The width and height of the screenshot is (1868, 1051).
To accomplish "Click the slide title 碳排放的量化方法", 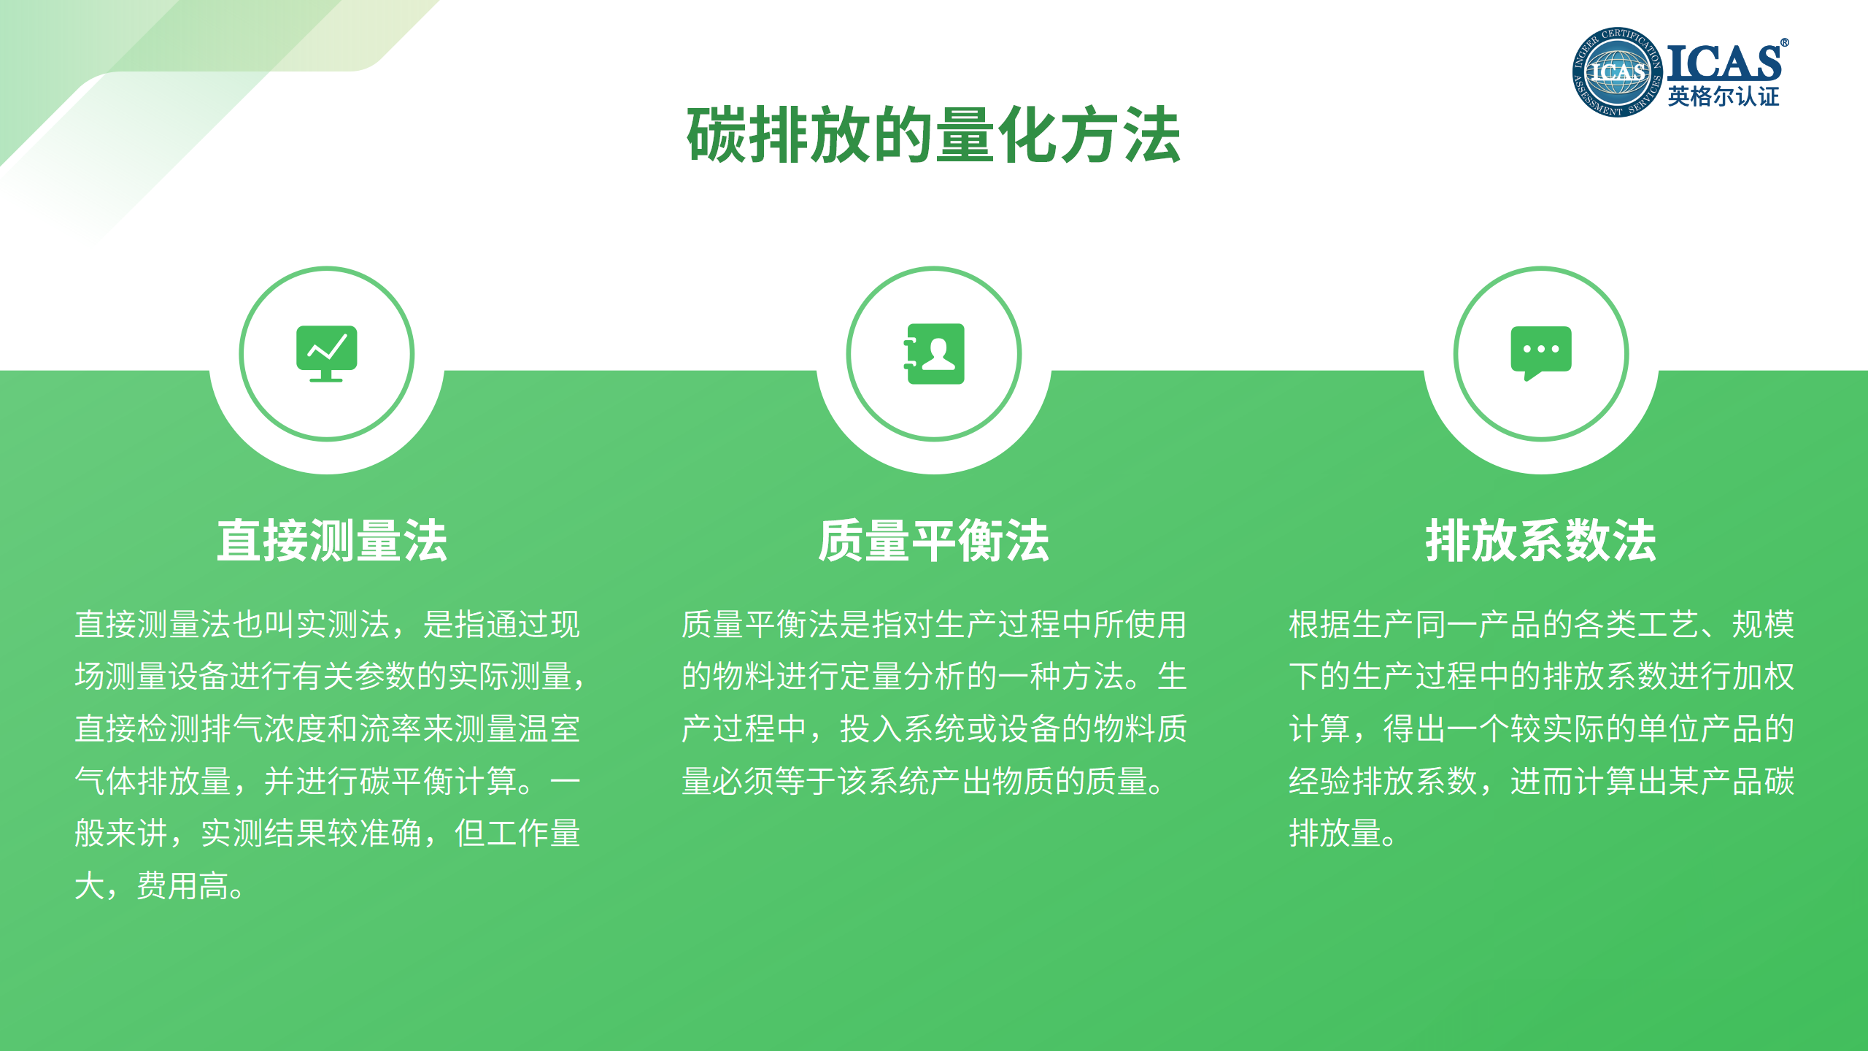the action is coord(933,135).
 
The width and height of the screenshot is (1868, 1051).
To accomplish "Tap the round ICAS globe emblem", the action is coord(1617,72).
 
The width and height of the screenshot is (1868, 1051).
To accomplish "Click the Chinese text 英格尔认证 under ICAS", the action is coord(1724,96).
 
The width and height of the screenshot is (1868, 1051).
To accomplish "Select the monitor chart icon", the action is coord(326,353).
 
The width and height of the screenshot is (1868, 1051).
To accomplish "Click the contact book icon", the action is coord(934,353).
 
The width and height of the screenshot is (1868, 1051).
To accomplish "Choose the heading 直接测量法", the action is coord(332,541).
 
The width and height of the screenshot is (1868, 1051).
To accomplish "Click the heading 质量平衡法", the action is coord(933,541).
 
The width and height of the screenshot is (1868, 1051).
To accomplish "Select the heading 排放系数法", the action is coord(1541,541).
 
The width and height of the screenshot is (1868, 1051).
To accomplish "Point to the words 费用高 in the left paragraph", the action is coord(184,886).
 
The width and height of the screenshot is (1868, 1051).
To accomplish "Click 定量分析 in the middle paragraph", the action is coord(902,677).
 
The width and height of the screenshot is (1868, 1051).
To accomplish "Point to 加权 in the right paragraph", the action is coord(1763,677).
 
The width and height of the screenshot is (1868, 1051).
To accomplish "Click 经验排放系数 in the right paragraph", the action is coord(1383,782).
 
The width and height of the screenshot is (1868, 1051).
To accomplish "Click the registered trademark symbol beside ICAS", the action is coord(1784,43).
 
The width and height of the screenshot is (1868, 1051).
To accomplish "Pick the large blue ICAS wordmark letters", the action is coord(1724,63).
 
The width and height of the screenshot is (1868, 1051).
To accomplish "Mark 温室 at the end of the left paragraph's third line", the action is coord(549,729).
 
